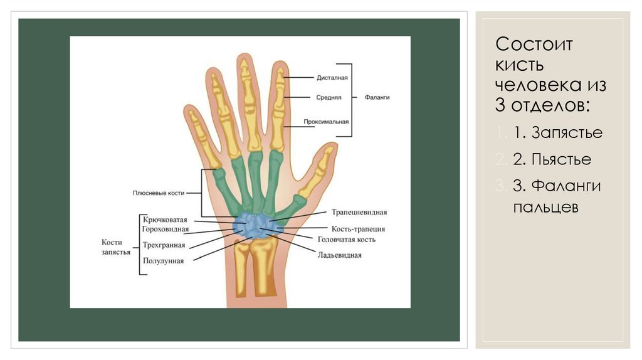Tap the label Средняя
click(x=329, y=97)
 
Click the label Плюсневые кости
click(x=158, y=193)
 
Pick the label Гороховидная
click(x=166, y=230)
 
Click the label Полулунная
click(x=163, y=260)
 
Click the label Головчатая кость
click(x=347, y=239)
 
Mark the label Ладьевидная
click(x=339, y=255)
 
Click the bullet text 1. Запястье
click(x=557, y=133)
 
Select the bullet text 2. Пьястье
click(x=552, y=159)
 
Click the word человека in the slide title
click(x=534, y=84)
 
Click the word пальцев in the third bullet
click(x=545, y=206)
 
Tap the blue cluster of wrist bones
click(x=255, y=225)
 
